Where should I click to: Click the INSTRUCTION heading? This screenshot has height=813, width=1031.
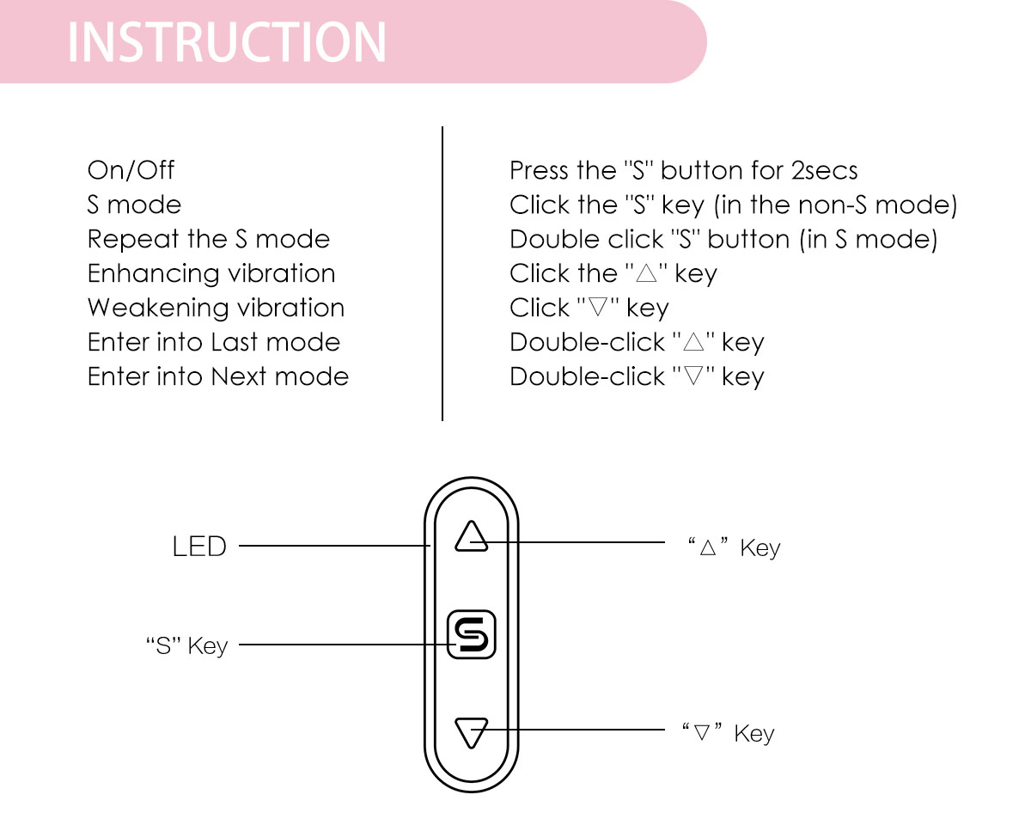(227, 41)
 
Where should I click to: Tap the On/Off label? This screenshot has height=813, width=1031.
(131, 170)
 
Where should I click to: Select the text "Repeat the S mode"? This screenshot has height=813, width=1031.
(208, 239)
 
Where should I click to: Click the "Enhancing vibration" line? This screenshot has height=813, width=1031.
(211, 273)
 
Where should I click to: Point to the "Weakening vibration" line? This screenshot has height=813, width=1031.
(216, 308)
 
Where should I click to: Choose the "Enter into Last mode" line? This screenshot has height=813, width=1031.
(214, 342)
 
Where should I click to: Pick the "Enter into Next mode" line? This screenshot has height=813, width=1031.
(218, 376)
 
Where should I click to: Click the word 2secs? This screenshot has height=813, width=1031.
(824, 170)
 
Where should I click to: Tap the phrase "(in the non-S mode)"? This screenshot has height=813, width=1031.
(835, 205)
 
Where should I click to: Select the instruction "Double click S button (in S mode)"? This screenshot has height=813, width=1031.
(723, 239)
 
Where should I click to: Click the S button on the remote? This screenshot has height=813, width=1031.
(472, 635)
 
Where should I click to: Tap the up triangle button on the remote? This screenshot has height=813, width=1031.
(472, 537)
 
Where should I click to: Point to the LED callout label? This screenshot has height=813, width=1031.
(199, 547)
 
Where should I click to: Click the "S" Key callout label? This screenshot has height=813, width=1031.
(187, 645)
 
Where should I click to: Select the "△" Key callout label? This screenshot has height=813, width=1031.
(734, 547)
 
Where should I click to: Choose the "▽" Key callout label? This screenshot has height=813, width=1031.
(729, 733)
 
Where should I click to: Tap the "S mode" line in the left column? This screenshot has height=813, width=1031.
(134, 205)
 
